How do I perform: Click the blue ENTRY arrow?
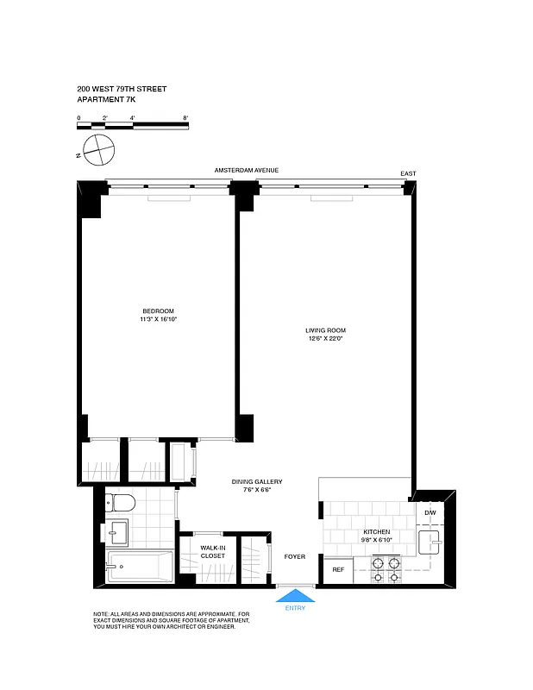[x=295, y=595]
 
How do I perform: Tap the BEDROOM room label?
[x=158, y=311]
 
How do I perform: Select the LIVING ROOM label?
[x=325, y=330]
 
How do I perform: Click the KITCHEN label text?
[x=376, y=532]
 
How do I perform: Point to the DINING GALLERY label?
[x=257, y=482]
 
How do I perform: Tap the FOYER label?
[x=295, y=556]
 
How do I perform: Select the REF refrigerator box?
[x=338, y=570]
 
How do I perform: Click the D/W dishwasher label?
[x=430, y=514]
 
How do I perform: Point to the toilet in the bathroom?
[x=121, y=503]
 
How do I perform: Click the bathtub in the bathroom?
[x=138, y=568]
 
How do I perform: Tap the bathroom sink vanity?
[x=119, y=533]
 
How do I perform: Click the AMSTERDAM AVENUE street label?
[x=247, y=171]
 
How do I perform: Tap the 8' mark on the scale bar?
[x=185, y=116]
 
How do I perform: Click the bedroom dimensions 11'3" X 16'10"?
[x=158, y=320]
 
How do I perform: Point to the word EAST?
[x=408, y=174]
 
